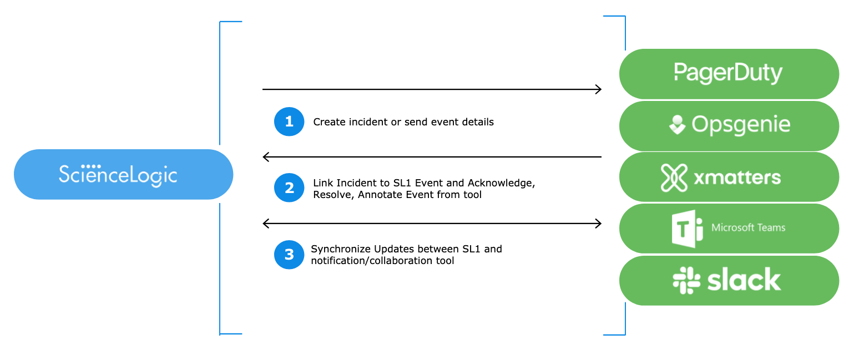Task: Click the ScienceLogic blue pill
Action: click(x=124, y=174)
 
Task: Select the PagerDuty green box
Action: click(x=729, y=74)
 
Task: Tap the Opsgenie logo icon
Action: click(x=677, y=125)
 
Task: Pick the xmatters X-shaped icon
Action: click(x=674, y=178)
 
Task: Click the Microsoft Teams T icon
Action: click(x=687, y=229)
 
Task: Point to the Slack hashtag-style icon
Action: click(x=686, y=280)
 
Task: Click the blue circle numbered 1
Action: click(x=289, y=121)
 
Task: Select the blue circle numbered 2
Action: click(x=289, y=187)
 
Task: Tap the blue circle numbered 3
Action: click(x=289, y=255)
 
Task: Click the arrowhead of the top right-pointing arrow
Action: click(x=599, y=89)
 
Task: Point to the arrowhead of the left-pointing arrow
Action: click(x=265, y=157)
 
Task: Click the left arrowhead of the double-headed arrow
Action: click(x=265, y=224)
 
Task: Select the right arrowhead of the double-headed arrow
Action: click(x=599, y=224)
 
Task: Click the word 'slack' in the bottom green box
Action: click(x=744, y=280)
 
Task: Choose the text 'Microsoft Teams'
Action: click(x=748, y=228)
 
